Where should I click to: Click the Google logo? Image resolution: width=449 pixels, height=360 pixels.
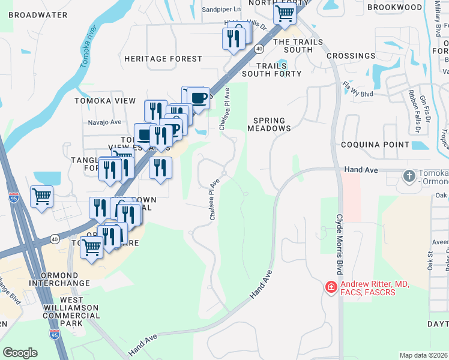click(20, 353)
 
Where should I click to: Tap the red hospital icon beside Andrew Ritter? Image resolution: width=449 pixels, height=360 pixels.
click(330, 288)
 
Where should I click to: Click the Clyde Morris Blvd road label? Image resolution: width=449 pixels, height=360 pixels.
click(339, 247)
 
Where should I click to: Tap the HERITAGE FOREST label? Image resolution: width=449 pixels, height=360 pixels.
click(163, 59)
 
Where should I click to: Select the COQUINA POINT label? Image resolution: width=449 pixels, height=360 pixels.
click(375, 145)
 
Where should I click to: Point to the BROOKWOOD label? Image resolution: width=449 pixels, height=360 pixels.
click(395, 7)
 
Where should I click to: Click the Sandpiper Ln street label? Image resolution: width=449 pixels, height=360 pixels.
click(220, 10)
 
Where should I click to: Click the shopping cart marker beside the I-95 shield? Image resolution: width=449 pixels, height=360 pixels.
click(41, 196)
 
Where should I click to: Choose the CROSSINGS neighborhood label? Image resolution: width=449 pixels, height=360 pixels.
click(351, 56)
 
